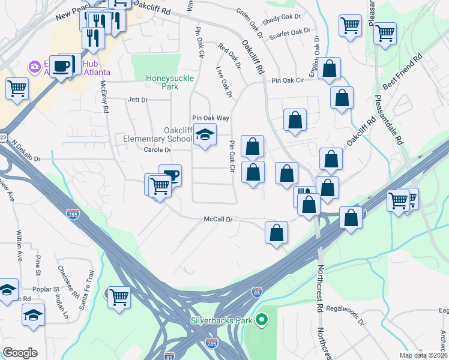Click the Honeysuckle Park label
click(163, 82)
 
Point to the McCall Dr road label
click(217, 220)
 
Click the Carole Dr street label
click(142, 150)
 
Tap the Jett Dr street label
click(137, 100)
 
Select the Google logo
click(20, 353)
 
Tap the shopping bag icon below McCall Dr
click(276, 233)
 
